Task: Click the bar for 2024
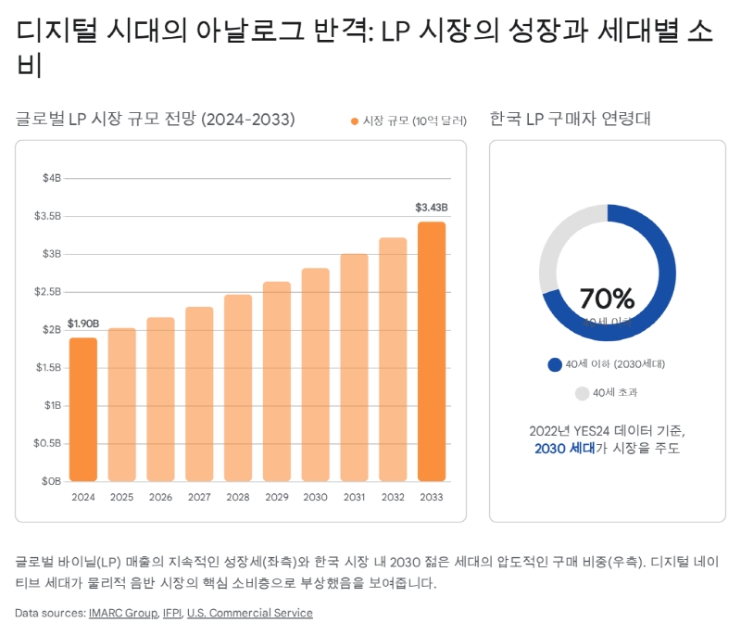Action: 83,410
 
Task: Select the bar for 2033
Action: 431,351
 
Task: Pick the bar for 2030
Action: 315,375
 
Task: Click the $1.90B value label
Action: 83,324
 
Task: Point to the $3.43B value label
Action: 431,207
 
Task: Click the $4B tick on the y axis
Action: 52,178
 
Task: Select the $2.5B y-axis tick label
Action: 49,292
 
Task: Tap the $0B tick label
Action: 52,481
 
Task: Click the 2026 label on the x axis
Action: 160,498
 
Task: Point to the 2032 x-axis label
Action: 393,498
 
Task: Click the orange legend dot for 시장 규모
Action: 355,121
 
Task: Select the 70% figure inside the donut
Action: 607,298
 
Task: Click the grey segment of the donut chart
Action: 556,241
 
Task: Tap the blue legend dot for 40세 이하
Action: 555,364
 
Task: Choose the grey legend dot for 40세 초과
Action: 582,393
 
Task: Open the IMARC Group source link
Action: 122,613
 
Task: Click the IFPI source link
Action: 171,613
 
